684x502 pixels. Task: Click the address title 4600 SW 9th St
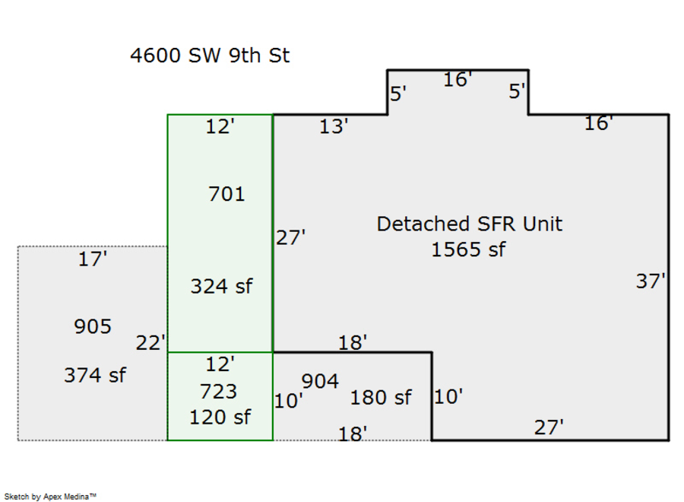tap(210, 56)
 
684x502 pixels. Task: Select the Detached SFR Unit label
tap(470, 224)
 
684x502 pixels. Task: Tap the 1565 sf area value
tap(468, 249)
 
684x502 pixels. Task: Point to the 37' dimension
tap(651, 281)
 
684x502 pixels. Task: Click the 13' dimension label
tap(334, 127)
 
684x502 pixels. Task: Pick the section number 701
tap(226, 195)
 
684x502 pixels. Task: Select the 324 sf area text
tap(221, 287)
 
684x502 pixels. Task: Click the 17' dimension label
tap(93, 260)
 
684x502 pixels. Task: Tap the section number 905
tap(93, 327)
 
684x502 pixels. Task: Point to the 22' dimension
tap(150, 343)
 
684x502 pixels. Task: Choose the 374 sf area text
tap(95, 375)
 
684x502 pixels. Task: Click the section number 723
tap(219, 392)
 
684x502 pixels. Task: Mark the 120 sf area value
tap(220, 417)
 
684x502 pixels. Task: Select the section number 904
tap(320, 381)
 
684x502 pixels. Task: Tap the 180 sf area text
tap(381, 398)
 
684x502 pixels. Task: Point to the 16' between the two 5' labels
tap(458, 79)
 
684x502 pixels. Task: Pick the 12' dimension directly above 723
tap(220, 364)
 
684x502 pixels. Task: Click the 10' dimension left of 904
tap(289, 400)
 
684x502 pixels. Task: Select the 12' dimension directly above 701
tap(220, 127)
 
